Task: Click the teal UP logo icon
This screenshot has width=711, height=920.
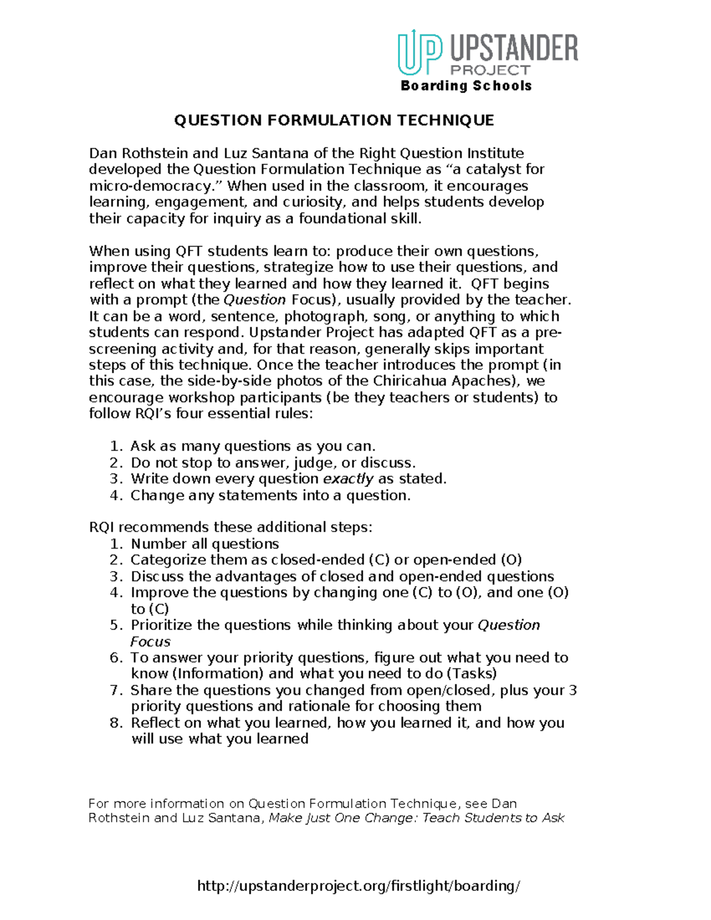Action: point(419,52)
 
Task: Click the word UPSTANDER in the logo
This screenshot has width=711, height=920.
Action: point(514,48)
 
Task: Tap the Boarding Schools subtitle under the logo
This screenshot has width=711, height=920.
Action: point(466,86)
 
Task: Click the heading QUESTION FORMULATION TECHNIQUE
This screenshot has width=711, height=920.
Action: point(334,121)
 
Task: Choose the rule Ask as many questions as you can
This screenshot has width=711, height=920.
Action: point(253,446)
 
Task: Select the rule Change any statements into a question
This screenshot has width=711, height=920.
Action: point(270,495)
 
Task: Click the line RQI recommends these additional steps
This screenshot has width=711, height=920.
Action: point(231,527)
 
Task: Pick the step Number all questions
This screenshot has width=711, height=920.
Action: point(204,544)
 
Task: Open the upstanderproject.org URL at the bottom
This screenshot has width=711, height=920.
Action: point(358,886)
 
